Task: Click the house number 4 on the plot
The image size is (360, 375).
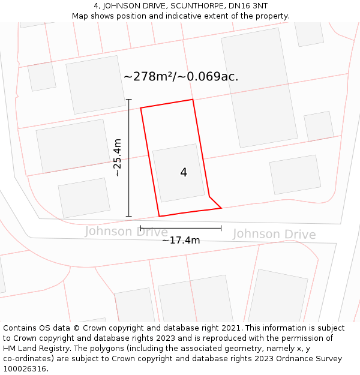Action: pos(184,173)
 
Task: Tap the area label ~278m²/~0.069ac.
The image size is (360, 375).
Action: pos(181,77)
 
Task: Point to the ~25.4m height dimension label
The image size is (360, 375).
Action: pos(118,157)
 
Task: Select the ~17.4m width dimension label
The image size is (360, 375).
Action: pos(181,240)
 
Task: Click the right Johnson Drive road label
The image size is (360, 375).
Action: pos(274,234)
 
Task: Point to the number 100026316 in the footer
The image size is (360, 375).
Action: pos(23,368)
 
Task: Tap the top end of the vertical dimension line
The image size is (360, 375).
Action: pos(129,100)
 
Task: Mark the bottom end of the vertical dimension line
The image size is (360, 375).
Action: pos(129,216)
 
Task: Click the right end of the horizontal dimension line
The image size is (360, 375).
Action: pos(221,228)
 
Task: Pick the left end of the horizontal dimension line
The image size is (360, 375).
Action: pos(140,228)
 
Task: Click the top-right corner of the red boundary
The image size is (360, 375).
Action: pos(193,100)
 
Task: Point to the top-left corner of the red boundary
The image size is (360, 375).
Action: pos(141,108)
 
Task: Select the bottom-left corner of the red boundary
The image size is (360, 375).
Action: pos(160,216)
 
